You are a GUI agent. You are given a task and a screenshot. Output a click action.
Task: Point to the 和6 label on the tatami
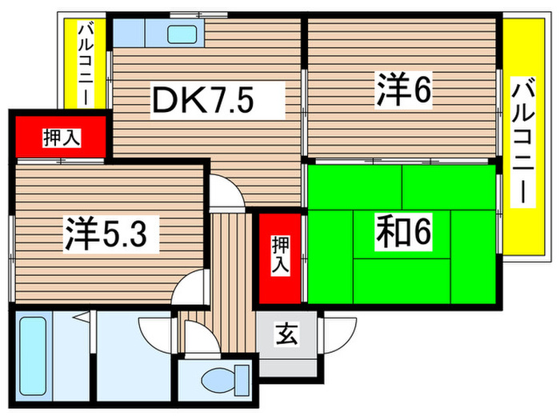tap(404, 233)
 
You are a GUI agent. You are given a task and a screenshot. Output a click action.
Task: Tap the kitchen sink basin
tap(183, 34)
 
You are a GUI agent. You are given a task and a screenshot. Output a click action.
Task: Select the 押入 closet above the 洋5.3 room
tap(61, 138)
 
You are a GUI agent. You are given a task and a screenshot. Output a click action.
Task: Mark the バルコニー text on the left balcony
tap(83, 64)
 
